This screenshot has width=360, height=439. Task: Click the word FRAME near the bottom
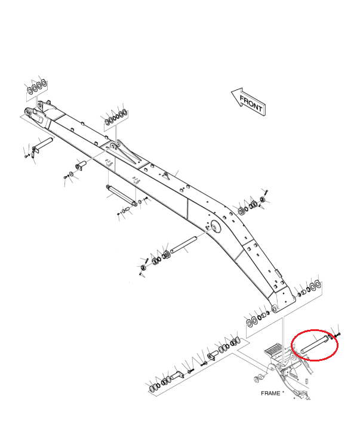271,393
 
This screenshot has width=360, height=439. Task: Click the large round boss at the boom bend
213,226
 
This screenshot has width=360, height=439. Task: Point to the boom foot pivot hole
274,308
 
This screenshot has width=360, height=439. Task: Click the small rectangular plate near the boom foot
277,275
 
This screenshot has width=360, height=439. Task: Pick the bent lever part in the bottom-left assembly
177,376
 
